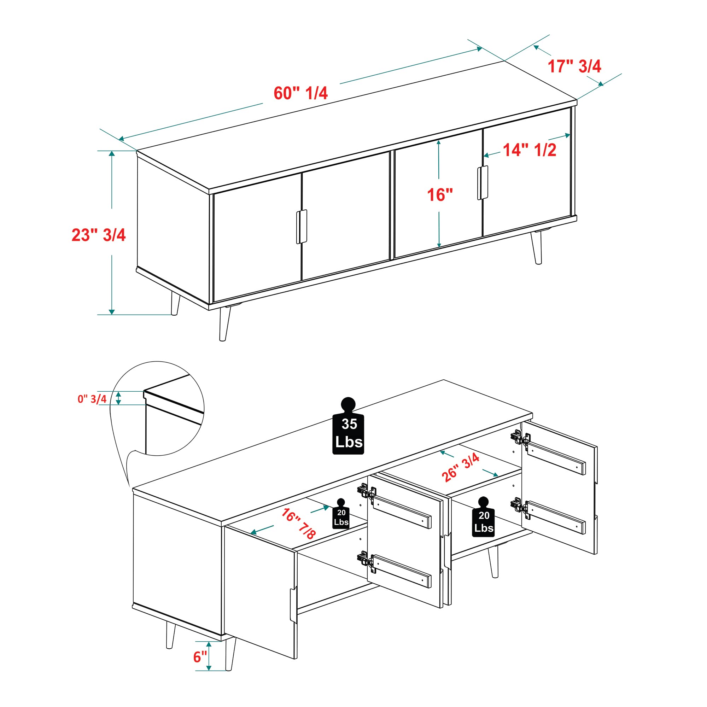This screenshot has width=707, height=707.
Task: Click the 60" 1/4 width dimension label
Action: (x=300, y=93)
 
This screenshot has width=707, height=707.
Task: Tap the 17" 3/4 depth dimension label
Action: (x=574, y=66)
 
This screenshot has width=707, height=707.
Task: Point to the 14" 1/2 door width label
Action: (x=530, y=150)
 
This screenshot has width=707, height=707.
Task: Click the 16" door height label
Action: (x=440, y=195)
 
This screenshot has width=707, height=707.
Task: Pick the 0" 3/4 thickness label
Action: (x=92, y=399)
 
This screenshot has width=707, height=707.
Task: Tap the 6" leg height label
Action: (x=200, y=657)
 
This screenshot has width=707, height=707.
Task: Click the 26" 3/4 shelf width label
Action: (x=460, y=467)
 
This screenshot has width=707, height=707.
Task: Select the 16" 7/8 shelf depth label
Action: (x=298, y=523)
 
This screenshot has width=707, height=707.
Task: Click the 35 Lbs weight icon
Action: (x=348, y=426)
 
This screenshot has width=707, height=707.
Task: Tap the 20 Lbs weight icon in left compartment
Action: (x=341, y=513)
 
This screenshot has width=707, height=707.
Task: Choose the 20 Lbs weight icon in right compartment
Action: (x=483, y=517)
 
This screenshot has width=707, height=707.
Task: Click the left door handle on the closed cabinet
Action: (x=302, y=227)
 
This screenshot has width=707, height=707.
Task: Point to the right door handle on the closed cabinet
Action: (x=483, y=183)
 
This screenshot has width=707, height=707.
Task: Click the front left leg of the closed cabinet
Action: (x=225, y=324)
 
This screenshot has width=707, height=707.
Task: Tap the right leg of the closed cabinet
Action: (x=537, y=247)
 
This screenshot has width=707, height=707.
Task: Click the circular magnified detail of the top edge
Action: (x=157, y=408)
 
